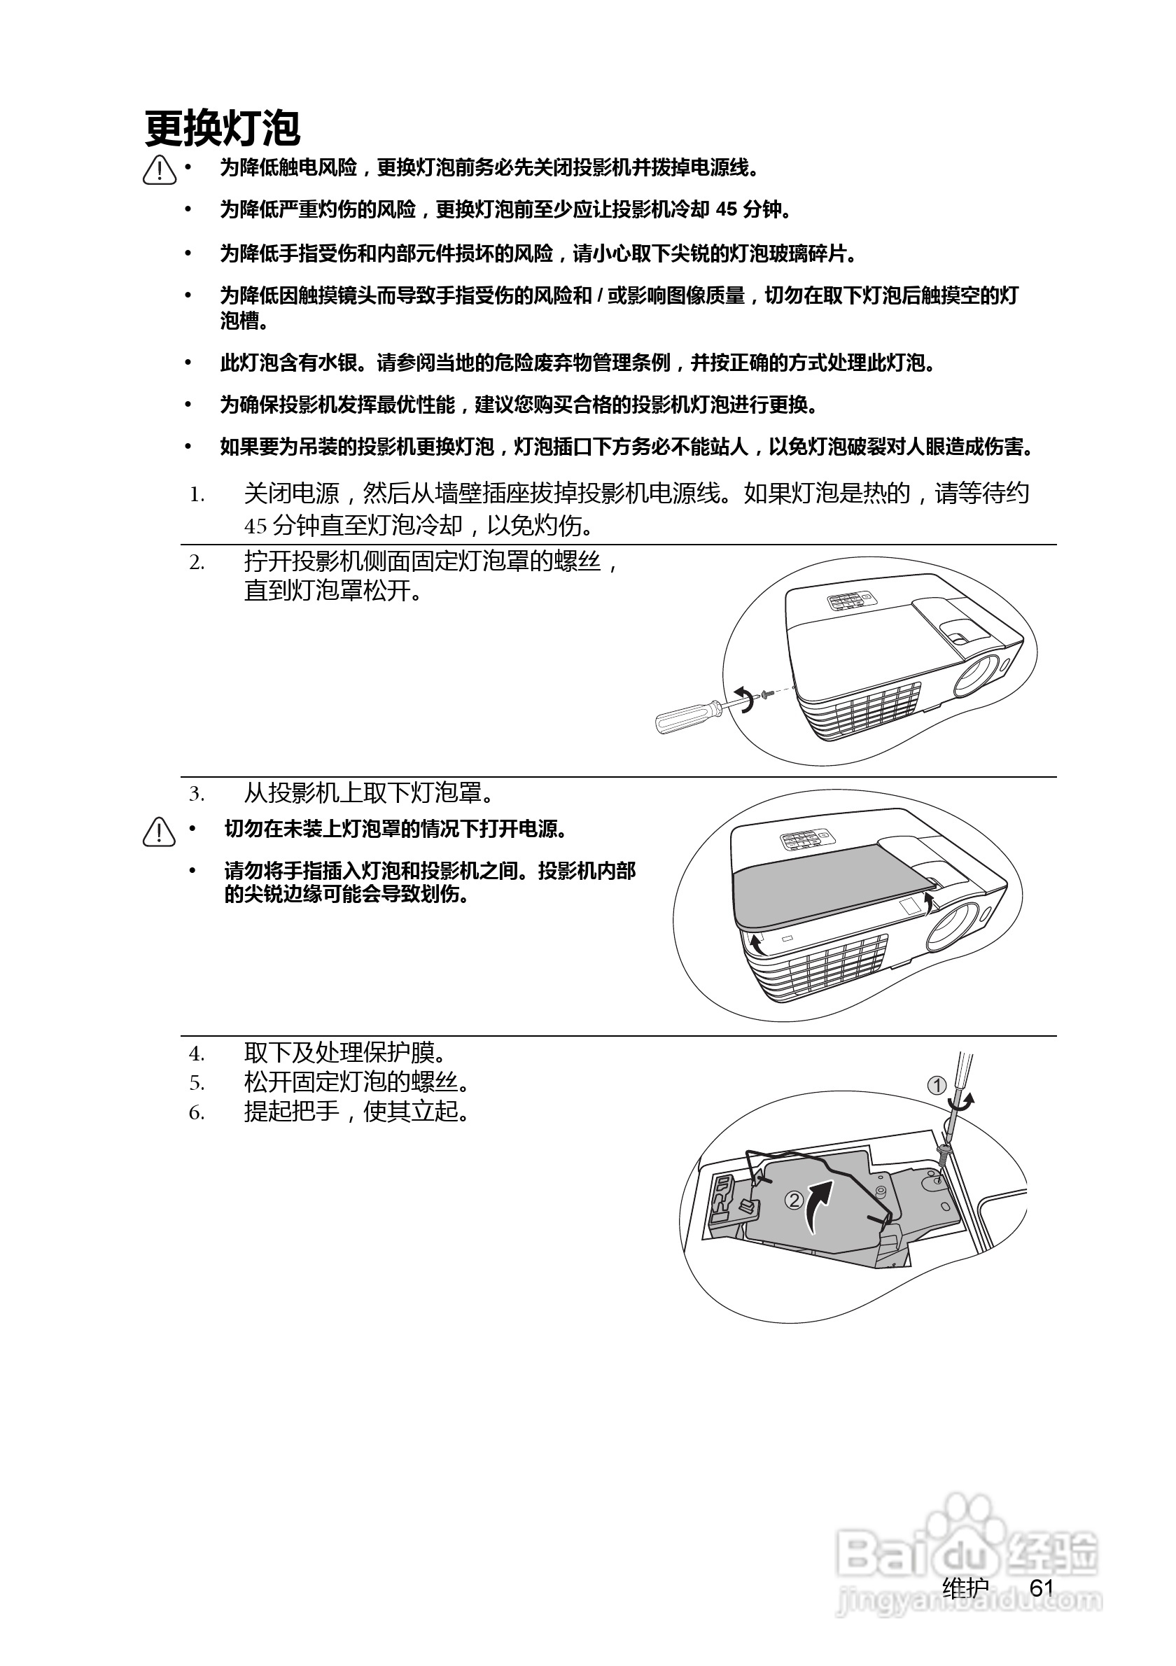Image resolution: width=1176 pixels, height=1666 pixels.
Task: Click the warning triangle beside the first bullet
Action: click(160, 171)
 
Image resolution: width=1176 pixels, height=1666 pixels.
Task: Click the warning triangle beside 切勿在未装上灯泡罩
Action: click(160, 832)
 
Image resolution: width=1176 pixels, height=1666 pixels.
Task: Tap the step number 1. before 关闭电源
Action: click(197, 496)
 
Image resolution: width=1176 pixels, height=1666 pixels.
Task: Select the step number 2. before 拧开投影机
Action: click(197, 563)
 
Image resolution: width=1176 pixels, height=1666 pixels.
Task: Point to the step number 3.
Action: click(197, 794)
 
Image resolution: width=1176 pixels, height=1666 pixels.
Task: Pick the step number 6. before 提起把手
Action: click(197, 1113)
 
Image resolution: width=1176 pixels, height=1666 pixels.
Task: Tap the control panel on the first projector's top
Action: click(850, 601)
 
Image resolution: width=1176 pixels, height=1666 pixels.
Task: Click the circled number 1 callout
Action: click(937, 1086)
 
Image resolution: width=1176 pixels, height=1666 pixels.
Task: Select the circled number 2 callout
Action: click(794, 1200)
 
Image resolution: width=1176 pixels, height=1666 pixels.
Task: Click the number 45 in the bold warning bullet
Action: click(726, 210)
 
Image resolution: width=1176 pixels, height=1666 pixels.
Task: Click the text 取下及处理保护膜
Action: click(345, 1053)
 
